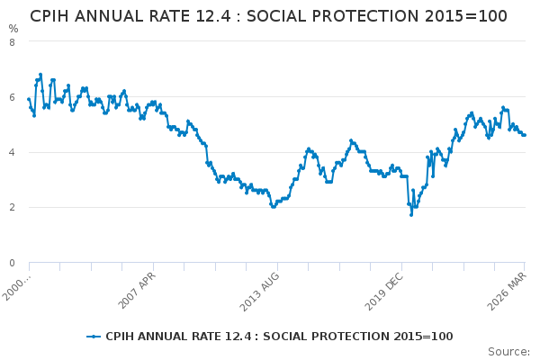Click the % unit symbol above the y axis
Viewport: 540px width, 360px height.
point(13,29)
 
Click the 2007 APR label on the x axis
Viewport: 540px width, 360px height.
point(138,288)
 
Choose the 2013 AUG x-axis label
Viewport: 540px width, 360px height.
point(261,288)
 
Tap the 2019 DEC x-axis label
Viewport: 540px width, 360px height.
point(385,288)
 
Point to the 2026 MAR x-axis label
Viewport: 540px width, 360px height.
point(509,288)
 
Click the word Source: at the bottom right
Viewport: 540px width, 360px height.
point(508,351)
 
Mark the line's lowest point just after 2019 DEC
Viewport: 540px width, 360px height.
point(411,214)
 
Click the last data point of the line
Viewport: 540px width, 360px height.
point(525,135)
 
